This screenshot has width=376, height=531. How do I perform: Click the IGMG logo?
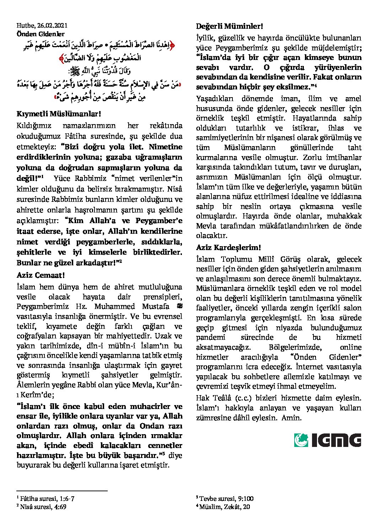coord(327,440)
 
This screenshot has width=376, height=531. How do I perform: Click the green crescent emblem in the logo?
coord(301,440)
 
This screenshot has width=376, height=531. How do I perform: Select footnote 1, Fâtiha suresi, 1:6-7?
coord(46,498)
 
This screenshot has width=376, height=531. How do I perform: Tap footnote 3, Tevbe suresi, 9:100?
coord(225,498)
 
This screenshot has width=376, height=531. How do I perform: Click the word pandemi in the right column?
coord(210,337)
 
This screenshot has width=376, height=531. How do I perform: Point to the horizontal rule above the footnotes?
coord(62,491)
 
